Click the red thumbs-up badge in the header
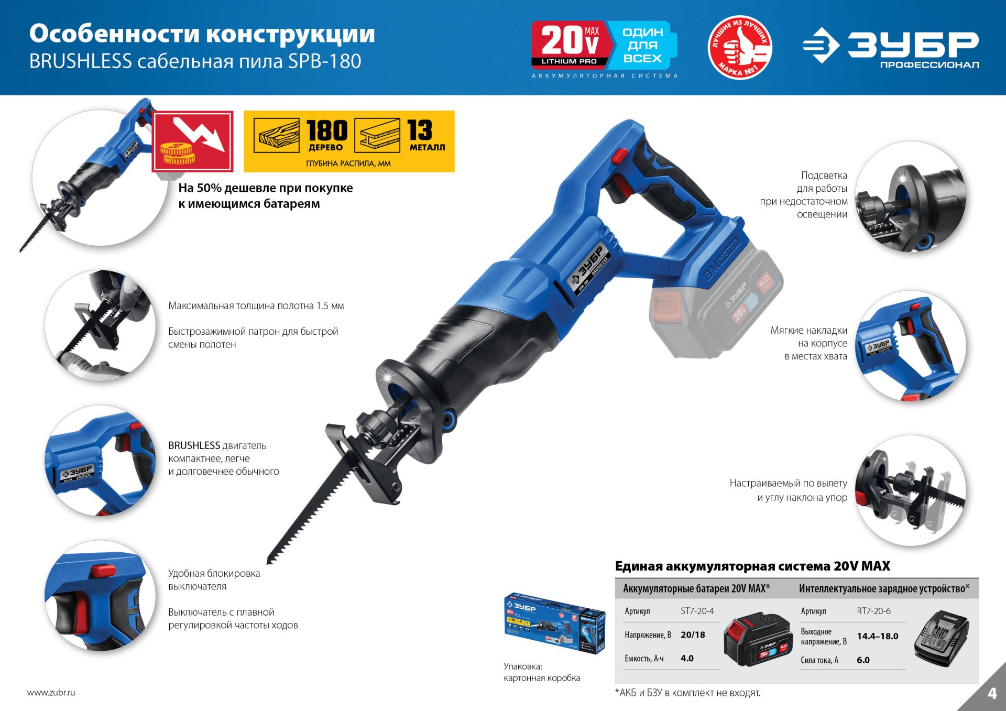739,47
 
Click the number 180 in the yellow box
327,130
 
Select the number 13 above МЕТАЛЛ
420,130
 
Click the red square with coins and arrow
193,141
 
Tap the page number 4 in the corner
992,693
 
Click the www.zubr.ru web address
51,692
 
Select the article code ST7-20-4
697,611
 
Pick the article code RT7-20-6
873,611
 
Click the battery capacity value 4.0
687,658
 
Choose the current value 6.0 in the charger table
863,660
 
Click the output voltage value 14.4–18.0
877,636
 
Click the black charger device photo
942,638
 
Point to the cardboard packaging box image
553,624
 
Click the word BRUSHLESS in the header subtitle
80,61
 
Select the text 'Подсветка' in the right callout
824,176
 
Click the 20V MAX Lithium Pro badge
570,45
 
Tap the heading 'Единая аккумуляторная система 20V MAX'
752,566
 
